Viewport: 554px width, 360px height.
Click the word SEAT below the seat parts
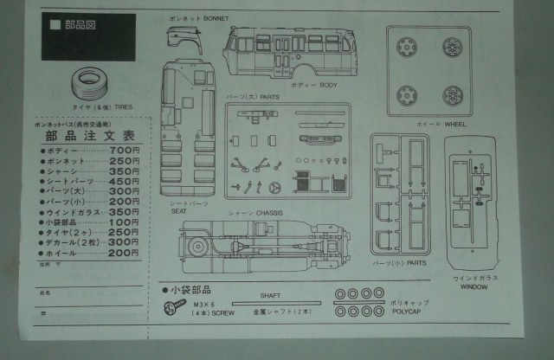179,210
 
